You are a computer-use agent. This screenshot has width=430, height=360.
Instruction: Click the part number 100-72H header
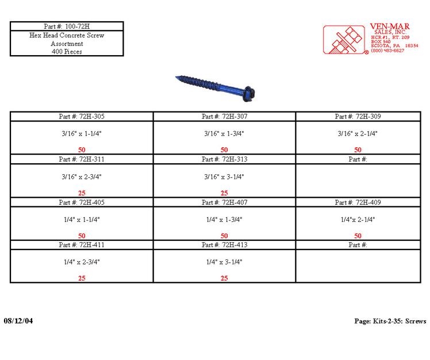click(x=67, y=26)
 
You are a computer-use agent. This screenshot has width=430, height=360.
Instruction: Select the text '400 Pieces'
click(x=67, y=51)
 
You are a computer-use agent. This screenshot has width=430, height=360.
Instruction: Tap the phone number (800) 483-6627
click(x=387, y=51)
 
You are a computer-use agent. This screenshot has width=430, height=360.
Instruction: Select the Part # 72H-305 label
click(x=82, y=116)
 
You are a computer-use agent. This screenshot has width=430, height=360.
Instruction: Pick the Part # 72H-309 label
click(x=358, y=116)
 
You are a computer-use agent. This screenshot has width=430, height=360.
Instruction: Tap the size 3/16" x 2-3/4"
click(x=82, y=177)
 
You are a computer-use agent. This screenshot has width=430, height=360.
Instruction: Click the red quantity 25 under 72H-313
click(x=224, y=193)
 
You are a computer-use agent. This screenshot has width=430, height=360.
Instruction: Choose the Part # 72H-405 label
click(x=82, y=202)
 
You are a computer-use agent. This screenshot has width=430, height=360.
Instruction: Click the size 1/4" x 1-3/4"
click(x=224, y=220)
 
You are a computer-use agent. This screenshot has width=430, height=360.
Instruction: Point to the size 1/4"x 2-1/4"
click(x=358, y=220)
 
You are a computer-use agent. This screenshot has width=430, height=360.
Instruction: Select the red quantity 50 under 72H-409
click(x=358, y=236)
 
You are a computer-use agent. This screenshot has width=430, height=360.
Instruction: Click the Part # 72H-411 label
click(x=82, y=245)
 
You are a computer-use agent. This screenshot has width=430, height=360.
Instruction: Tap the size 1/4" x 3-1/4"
click(x=224, y=262)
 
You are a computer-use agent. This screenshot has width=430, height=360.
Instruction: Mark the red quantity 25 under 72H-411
click(x=82, y=278)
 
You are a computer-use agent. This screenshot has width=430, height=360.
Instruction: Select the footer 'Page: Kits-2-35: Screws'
click(x=390, y=321)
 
